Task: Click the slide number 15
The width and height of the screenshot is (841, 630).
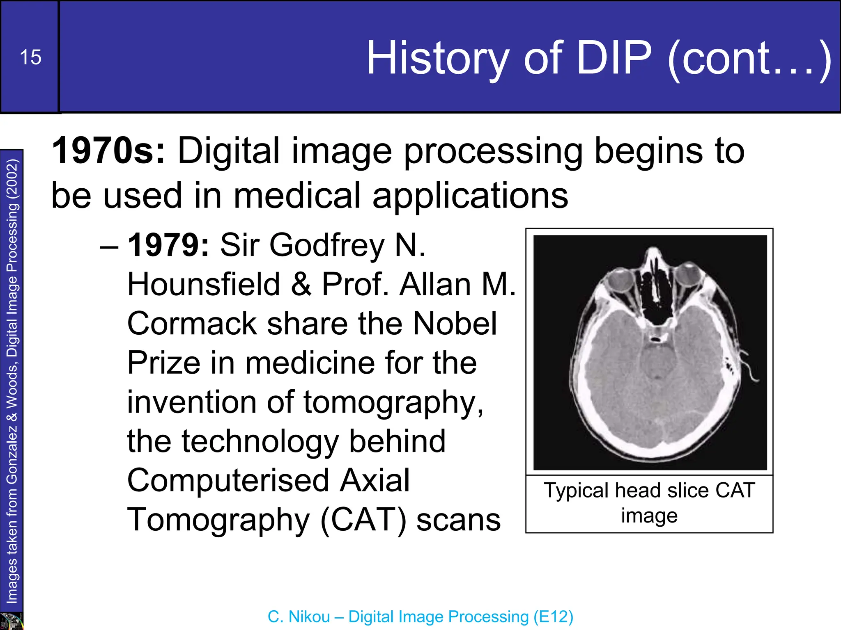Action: (30, 57)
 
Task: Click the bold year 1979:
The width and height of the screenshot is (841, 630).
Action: (168, 245)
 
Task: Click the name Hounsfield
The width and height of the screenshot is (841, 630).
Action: (203, 284)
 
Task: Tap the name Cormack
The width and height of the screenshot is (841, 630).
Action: (191, 324)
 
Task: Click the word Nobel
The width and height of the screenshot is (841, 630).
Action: (455, 324)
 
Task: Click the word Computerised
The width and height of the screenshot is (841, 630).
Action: (228, 480)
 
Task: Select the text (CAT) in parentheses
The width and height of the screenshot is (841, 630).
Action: (363, 520)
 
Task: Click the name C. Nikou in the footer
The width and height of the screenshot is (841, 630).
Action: (299, 617)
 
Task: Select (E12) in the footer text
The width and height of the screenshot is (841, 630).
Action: (553, 617)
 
